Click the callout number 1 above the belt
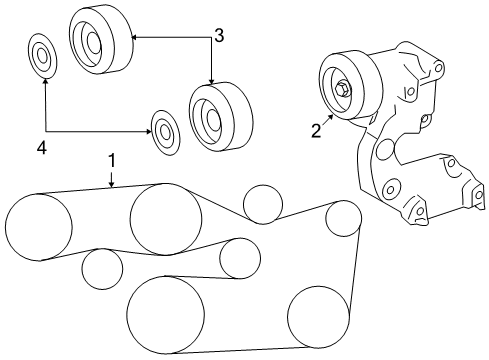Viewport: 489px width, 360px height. [112, 160]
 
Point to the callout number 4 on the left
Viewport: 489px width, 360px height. [41, 148]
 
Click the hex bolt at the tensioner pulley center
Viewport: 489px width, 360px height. [342, 88]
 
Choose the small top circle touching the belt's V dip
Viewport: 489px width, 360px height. [263, 204]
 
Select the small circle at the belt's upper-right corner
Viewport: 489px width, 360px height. [343, 218]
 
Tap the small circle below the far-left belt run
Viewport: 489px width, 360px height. [102, 268]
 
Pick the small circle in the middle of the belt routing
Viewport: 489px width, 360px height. [240, 259]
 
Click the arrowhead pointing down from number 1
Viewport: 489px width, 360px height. [112, 184]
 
